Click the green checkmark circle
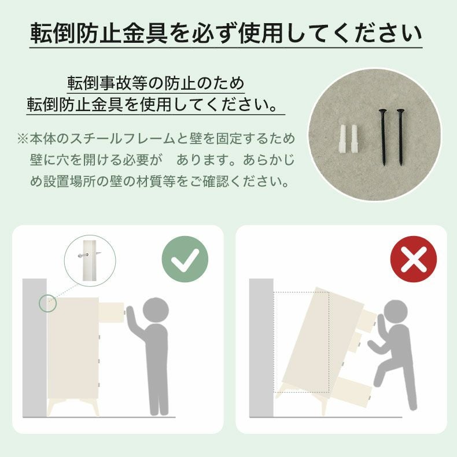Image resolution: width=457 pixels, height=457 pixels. [185, 259]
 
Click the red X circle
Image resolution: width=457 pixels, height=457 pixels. [413, 259]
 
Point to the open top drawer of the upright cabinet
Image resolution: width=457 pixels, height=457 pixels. [112, 312]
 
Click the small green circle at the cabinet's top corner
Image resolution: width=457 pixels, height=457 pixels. [47, 303]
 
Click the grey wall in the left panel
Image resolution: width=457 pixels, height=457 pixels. [35, 348]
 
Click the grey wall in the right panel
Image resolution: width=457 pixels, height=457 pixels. [261, 348]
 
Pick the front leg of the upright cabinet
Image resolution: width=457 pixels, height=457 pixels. [94, 407]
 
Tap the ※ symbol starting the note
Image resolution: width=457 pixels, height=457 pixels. [23, 139]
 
